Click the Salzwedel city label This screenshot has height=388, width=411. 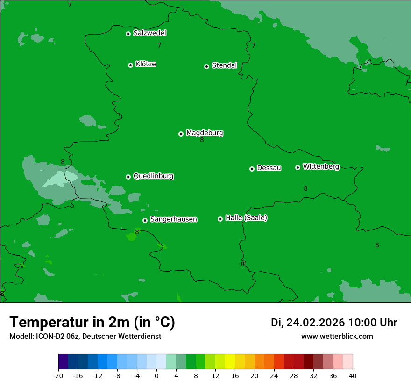click(149, 33)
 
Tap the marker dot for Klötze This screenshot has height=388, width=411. click(130, 65)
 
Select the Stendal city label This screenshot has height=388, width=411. click(224, 65)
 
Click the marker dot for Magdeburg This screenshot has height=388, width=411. click(181, 134)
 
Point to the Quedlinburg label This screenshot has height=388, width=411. click(153, 176)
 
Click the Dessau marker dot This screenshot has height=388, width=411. click(252, 169)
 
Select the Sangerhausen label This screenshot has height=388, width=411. click(173, 219)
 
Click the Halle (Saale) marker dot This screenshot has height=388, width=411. click(220, 219)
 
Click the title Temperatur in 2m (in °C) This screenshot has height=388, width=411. click(92, 322)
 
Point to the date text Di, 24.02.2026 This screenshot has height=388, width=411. click(307, 323)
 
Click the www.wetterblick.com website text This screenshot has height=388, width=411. click(337, 336)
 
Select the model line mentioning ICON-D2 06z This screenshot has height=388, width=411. click(85, 336)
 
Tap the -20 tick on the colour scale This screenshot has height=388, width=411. click(58, 376)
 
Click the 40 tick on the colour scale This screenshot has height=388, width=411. click(353, 376)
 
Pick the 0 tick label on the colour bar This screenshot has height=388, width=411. click(156, 376)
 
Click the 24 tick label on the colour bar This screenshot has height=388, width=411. click(274, 376)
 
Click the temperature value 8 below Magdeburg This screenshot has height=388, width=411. click(202, 140)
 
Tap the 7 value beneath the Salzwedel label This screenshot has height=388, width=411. click(159, 46)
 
